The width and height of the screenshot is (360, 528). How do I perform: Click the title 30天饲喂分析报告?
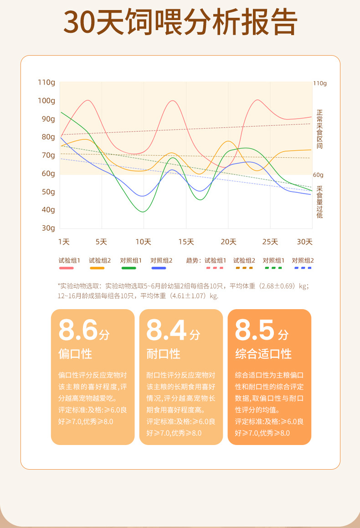point(180,22)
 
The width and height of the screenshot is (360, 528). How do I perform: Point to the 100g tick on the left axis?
point(46,100)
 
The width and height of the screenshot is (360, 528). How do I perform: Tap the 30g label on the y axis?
point(48,228)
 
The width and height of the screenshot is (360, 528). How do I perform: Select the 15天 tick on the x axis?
point(186,242)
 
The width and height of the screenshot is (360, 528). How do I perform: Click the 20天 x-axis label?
point(228,242)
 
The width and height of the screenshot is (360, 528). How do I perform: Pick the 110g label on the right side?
point(320,83)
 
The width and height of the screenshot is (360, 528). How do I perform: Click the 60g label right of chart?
point(318,175)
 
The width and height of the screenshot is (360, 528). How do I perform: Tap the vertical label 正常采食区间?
point(319,129)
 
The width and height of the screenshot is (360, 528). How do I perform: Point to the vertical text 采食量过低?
point(319,202)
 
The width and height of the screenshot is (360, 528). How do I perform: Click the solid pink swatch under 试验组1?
point(67,268)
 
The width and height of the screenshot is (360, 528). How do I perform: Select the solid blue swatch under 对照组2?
point(159,268)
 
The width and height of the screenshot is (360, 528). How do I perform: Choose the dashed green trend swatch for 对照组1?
point(273,268)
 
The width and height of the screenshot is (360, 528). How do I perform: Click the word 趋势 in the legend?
point(192,260)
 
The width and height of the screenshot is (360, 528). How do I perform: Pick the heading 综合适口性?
point(263,354)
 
